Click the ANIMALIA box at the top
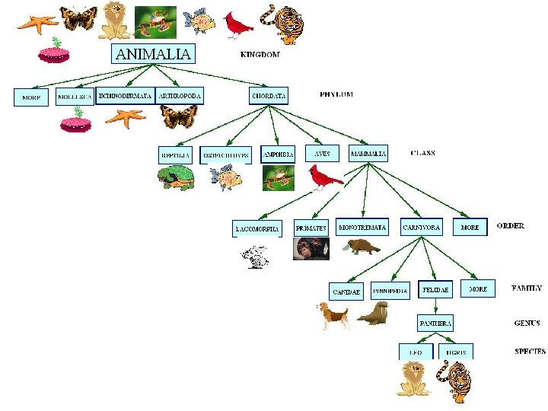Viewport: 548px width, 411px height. [x=154, y=53]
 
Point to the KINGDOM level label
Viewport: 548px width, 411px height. [x=260, y=55]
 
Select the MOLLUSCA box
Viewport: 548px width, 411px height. [x=75, y=97]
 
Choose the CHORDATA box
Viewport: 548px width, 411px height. [x=269, y=96]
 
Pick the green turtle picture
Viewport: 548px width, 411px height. [x=177, y=178]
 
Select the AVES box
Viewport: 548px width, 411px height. [x=322, y=153]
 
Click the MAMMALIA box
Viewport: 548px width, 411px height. [x=368, y=153]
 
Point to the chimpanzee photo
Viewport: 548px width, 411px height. [x=311, y=249]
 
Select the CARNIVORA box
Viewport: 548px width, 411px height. [x=421, y=228]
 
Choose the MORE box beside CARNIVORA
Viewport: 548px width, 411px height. [x=470, y=228]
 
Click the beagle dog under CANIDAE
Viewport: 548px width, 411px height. [x=333, y=314]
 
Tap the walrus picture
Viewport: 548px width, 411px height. [x=374, y=314]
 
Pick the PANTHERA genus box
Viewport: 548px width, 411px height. [x=435, y=323]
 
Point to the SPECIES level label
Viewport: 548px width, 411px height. [x=530, y=352]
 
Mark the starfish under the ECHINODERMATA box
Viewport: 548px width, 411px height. [x=126, y=117]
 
